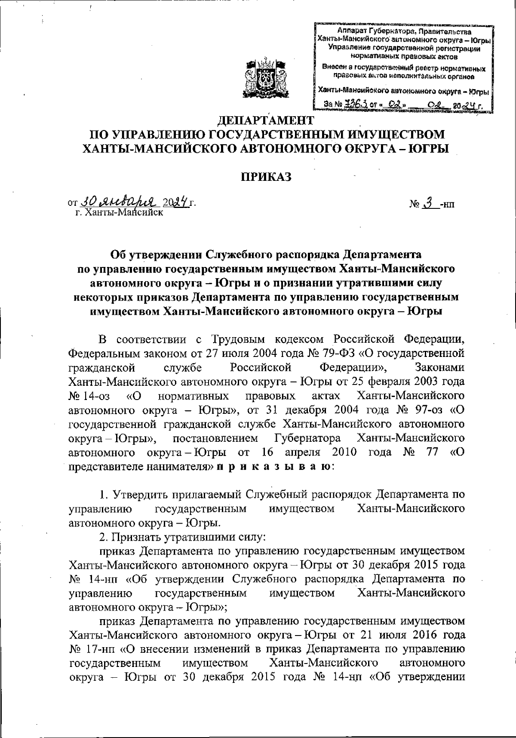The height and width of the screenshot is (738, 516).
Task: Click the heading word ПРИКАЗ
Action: tap(265, 177)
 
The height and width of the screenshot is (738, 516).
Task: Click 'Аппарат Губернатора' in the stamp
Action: tap(372, 32)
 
